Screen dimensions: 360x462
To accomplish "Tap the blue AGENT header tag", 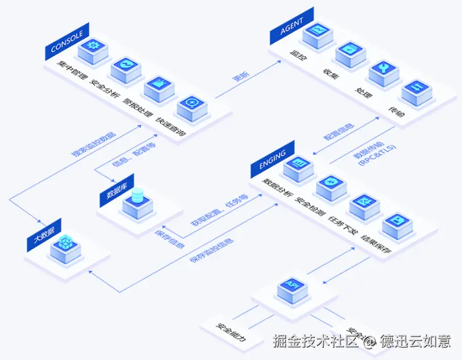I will (x=291, y=26).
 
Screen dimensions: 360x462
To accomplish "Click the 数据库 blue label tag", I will (x=116, y=192).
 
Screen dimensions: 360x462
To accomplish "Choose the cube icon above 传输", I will (x=416, y=91).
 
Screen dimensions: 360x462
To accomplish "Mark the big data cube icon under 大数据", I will (x=66, y=244).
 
